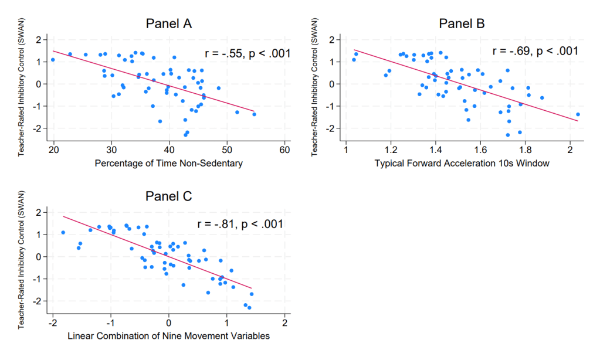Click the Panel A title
pyautogui.click(x=169, y=24)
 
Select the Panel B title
pyautogui.click(x=462, y=24)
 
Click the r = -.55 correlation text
pyautogui.click(x=248, y=53)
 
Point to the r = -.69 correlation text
pyautogui.click(x=535, y=51)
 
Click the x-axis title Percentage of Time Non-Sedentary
pyautogui.click(x=168, y=164)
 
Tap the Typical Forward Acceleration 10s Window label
pyautogui.click(x=462, y=164)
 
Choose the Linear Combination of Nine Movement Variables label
pyautogui.click(x=169, y=336)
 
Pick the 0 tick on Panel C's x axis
pyautogui.click(x=169, y=322)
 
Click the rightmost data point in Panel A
pyautogui.click(x=254, y=114)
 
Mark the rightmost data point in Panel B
pyautogui.click(x=578, y=114)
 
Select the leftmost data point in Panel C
pyautogui.click(x=63, y=233)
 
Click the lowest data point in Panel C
pyautogui.click(x=249, y=308)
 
